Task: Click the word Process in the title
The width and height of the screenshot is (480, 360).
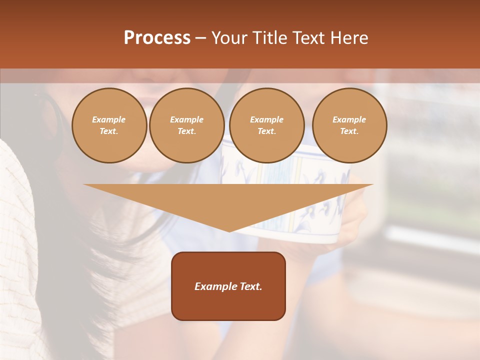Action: click(157, 38)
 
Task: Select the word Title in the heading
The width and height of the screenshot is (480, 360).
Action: click(270, 38)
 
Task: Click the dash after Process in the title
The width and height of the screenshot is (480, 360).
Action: click(201, 39)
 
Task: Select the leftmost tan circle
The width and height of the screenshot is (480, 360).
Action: click(109, 125)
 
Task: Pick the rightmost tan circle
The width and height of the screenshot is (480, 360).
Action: click(349, 125)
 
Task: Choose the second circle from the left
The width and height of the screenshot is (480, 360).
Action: click(187, 125)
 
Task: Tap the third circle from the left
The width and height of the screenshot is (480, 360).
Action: click(267, 125)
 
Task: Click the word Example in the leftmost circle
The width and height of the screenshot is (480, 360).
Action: click(109, 119)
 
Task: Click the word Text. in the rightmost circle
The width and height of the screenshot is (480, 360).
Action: click(349, 131)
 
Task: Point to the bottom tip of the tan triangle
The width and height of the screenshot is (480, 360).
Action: click(229, 231)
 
